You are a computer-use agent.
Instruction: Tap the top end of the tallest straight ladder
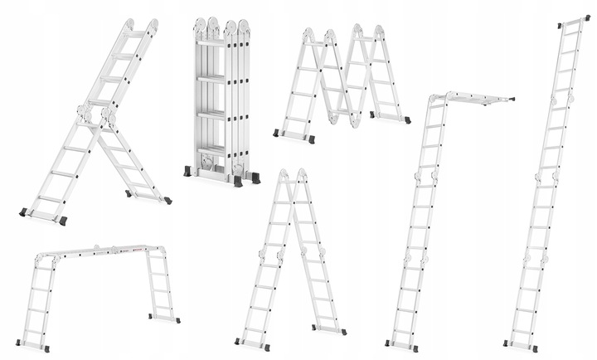pyautogui.click(x=575, y=19)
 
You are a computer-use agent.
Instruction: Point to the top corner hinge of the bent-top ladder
pyautogui.click(x=437, y=99)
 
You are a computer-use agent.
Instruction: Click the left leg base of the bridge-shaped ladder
pyautogui.click(x=32, y=345)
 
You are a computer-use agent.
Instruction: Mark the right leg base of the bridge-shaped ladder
pyautogui.click(x=163, y=319)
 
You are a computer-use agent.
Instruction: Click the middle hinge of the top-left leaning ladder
pyautogui.click(x=96, y=116)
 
